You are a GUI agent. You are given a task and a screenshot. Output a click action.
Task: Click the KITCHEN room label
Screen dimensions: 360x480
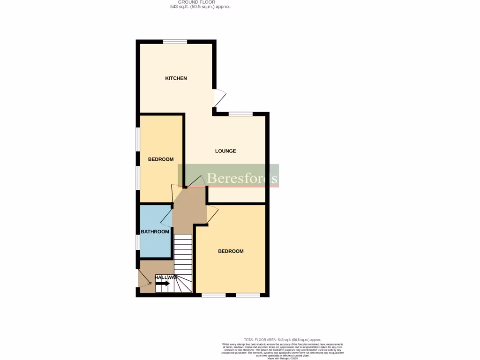pyautogui.click(x=176, y=78)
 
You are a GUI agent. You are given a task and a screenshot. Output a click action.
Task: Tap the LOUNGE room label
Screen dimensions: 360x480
pyautogui.click(x=225, y=151)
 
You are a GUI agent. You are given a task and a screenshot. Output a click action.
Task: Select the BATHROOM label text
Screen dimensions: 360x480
pyautogui.click(x=155, y=232)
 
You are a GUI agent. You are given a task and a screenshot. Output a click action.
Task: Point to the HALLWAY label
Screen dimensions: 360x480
pyautogui.click(x=166, y=277)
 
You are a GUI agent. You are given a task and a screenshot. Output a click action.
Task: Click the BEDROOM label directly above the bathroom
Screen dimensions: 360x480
pyautogui.click(x=161, y=159)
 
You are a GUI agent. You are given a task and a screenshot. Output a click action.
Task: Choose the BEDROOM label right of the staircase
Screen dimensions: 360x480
pyautogui.click(x=231, y=251)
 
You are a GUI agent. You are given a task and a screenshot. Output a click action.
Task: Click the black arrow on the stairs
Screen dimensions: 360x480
pyautogui.click(x=162, y=283)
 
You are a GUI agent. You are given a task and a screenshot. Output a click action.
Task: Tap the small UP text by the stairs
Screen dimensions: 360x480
pyautogui.click(x=150, y=283)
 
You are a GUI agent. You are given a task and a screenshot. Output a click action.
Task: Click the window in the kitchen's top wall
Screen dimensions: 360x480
pyautogui.click(x=175, y=41)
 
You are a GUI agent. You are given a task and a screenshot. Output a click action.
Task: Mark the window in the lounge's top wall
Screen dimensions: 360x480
pyautogui.click(x=240, y=113)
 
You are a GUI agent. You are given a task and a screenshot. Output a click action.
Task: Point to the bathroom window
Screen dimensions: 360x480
pyautogui.click(x=138, y=242)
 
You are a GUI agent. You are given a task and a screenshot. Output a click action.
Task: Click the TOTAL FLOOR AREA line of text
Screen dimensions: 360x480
pyautogui.click(x=282, y=339)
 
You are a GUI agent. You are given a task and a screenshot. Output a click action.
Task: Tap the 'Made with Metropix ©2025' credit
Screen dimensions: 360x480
pyautogui.click(x=282, y=358)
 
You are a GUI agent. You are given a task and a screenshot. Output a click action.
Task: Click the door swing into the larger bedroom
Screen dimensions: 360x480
pyautogui.click(x=212, y=214)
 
